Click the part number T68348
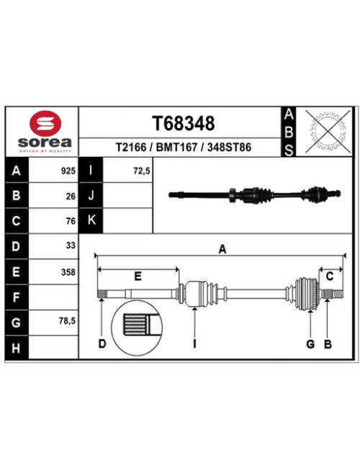click(184, 123)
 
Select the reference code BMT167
click(176, 147)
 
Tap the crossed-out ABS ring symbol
click(328, 131)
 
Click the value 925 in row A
click(68, 171)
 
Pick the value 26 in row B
click(71, 196)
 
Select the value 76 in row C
click(71, 221)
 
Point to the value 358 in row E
click(68, 272)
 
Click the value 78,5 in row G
click(68, 321)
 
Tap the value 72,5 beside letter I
click(142, 171)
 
